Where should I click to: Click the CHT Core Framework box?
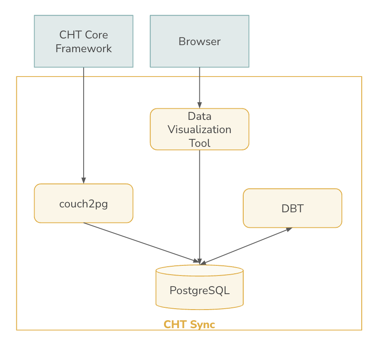[x=84, y=41]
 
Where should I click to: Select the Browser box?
[x=199, y=41]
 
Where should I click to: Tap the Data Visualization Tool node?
[x=199, y=129]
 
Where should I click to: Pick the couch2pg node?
[x=84, y=203]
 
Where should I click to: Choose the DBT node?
[x=292, y=208]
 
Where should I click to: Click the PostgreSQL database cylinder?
[x=199, y=287]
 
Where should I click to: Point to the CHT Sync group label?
[x=189, y=325]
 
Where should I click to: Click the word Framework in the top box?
[x=84, y=49]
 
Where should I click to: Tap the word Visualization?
[x=199, y=130]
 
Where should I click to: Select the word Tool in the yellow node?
[x=199, y=143]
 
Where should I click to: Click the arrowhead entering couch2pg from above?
[x=84, y=180]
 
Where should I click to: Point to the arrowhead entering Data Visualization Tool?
[x=199, y=105]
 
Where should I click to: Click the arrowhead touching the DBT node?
[x=289, y=230]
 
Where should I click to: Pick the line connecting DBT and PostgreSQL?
[x=246, y=246]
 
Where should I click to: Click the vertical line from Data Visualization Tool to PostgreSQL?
[x=199, y=207]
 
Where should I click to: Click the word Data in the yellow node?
[x=199, y=116]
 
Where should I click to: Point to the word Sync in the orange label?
[x=203, y=325]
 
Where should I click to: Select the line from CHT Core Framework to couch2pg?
[x=84, y=126]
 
